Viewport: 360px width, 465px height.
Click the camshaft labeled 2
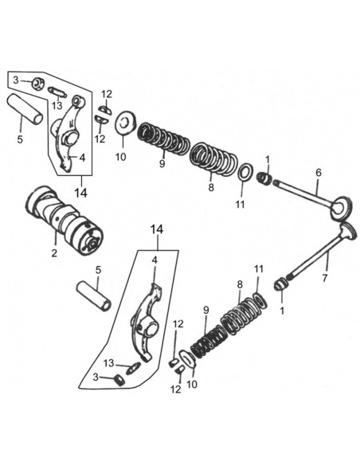pyautogui.click(x=65, y=220)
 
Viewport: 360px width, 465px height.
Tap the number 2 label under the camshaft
pyautogui.click(x=54, y=253)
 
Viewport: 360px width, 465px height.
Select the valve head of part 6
pyautogui.click(x=342, y=207)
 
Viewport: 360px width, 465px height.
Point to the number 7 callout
pyautogui.click(x=325, y=278)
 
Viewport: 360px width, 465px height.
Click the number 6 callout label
pyautogui.click(x=319, y=173)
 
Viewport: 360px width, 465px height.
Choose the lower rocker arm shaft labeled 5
pyautogui.click(x=94, y=296)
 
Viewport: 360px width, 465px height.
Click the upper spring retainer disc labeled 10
pyautogui.click(x=125, y=123)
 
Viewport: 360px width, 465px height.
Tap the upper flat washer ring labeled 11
pyautogui.click(x=245, y=172)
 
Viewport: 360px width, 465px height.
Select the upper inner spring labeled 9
pyautogui.click(x=163, y=139)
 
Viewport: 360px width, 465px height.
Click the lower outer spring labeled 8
pyautogui.click(x=243, y=315)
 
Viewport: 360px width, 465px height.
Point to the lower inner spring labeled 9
pyautogui.click(x=209, y=341)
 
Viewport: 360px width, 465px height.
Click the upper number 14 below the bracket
pyautogui.click(x=80, y=193)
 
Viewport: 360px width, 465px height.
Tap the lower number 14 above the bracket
pyautogui.click(x=157, y=229)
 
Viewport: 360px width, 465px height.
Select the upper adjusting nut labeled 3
pyautogui.click(x=37, y=83)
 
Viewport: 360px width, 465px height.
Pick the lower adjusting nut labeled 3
pyautogui.click(x=119, y=380)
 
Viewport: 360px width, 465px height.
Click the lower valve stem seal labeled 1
pyautogui.click(x=281, y=284)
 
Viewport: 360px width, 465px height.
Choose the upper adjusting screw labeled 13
pyautogui.click(x=57, y=92)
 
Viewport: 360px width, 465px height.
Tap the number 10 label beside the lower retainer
pyautogui.click(x=192, y=384)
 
